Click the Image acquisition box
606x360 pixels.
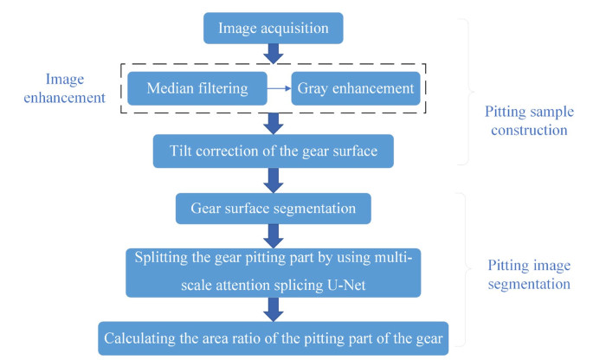274,28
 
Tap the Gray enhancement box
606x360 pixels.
355,88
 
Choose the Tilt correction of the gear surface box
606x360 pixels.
274,151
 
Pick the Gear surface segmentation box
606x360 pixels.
274,208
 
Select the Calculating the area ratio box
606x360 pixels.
274,337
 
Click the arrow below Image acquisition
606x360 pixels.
274,54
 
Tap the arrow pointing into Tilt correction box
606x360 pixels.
274,122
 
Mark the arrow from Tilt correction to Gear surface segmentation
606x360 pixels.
274,178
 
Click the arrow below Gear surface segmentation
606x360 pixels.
274,234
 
